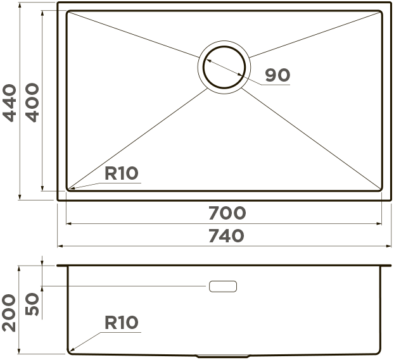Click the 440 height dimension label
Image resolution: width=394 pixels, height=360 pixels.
(x=10, y=103)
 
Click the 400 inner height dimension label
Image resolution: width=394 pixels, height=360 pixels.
(x=32, y=102)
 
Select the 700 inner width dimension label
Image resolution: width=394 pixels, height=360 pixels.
(x=227, y=213)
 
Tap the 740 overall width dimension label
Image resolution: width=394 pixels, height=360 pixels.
(x=226, y=236)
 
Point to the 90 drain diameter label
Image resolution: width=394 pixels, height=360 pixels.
(x=277, y=75)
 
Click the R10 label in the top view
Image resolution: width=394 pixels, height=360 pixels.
(x=122, y=173)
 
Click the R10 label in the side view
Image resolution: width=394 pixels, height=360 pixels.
(x=122, y=322)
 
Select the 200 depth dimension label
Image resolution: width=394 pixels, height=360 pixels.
(x=9, y=313)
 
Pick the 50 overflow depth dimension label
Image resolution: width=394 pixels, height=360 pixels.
(x=32, y=304)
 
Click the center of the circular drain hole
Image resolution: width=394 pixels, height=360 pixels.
(x=224, y=67)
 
